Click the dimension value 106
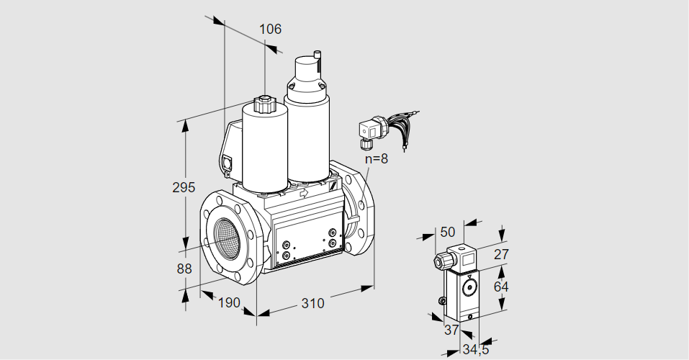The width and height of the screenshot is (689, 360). pos(270,30)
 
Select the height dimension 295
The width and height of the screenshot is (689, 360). pos(184,187)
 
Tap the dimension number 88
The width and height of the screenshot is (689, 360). pos(184,269)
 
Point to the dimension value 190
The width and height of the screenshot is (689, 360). pos(228,302)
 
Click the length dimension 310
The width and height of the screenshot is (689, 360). pos(312,303)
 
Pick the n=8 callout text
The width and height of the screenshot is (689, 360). pos(375,159)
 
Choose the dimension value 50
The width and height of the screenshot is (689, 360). pos(448,232)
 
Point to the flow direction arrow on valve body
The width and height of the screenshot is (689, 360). pos(304,193)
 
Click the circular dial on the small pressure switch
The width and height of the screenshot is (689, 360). pos(470,289)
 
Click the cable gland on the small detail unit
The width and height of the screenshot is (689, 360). pos(438,261)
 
